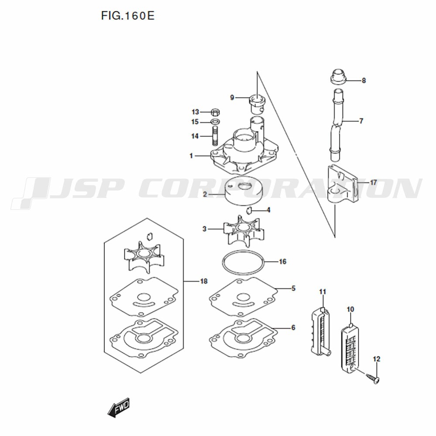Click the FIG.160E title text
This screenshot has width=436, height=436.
[128, 16]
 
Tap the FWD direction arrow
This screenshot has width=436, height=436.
[119, 407]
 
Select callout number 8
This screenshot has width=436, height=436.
[364, 81]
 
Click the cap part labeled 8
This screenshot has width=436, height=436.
[338, 76]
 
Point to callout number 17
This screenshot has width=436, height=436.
[373, 182]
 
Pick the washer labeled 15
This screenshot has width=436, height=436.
[215, 122]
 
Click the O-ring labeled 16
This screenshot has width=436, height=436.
[243, 262]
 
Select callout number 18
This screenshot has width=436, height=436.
[204, 281]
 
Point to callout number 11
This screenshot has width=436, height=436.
[322, 292]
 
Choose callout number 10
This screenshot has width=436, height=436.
[351, 309]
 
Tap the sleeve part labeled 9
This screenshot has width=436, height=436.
[257, 105]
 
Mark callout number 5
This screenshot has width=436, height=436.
[293, 289]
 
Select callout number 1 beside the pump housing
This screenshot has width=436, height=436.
[191, 156]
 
